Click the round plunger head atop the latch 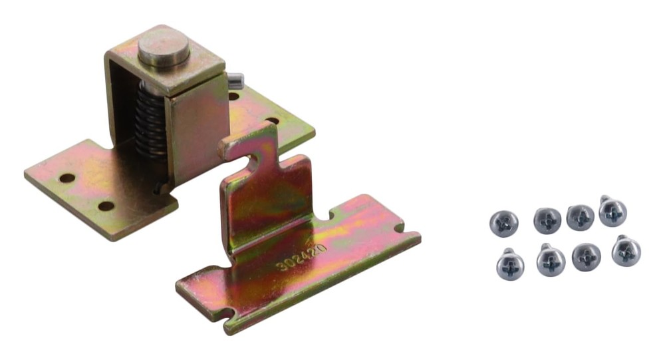[164, 47]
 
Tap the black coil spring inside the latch [150, 123]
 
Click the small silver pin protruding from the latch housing [236, 80]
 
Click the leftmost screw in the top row [504, 224]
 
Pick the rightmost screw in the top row [613, 212]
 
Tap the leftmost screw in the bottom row [510, 264]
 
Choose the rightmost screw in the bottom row [626, 251]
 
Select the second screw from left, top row [547, 221]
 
